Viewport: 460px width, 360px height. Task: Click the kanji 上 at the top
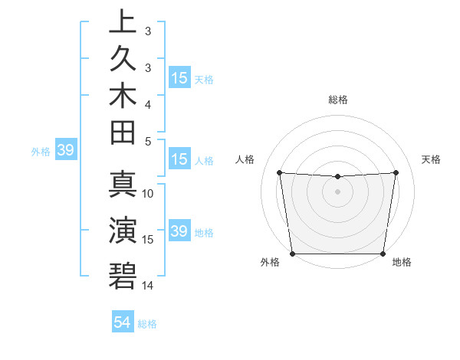(x=123, y=21)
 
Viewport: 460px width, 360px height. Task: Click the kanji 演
(x=123, y=230)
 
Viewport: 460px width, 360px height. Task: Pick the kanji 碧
(x=123, y=275)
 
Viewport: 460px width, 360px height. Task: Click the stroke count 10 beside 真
(x=148, y=194)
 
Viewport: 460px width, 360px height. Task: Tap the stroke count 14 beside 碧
(x=148, y=286)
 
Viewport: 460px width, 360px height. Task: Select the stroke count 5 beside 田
(x=148, y=141)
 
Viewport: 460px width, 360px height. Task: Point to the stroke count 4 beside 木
(x=148, y=103)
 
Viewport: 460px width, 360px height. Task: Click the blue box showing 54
(x=122, y=322)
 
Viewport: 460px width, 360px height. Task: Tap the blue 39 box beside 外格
(x=65, y=151)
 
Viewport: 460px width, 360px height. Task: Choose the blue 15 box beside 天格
(x=179, y=78)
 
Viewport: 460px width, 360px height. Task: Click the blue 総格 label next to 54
(x=147, y=324)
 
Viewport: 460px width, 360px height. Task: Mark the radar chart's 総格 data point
(x=337, y=177)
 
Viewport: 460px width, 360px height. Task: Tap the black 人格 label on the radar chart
(x=245, y=159)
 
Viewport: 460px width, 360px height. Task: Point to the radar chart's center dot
(x=337, y=191)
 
